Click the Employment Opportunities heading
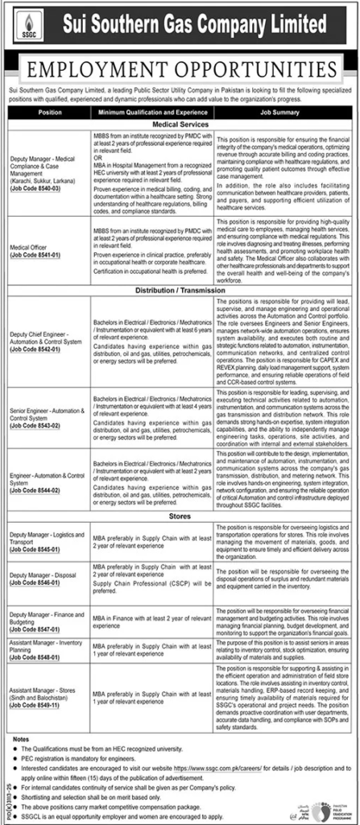[x=180, y=66]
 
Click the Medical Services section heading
[x=180, y=125]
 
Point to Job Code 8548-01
[x=34, y=655]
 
